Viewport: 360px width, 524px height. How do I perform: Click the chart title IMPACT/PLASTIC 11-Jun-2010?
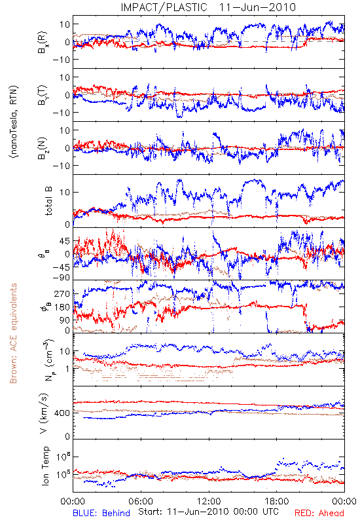(208, 7)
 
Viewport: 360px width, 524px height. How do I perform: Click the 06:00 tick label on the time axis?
(141, 501)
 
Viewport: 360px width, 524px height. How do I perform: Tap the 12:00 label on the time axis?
(209, 501)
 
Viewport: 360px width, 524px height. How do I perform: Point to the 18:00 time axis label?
(277, 501)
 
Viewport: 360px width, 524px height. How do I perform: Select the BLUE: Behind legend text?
(101, 513)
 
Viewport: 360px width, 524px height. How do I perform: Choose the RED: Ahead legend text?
(319, 513)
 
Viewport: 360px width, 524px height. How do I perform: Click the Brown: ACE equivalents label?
(13, 333)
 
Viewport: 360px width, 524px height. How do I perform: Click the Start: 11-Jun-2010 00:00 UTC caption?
(208, 512)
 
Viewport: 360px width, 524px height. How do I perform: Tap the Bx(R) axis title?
(43, 43)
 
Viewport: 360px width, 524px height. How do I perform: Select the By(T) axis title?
(43, 95)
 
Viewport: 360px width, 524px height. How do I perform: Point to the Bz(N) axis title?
(43, 148)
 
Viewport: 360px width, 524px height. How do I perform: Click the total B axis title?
(48, 201)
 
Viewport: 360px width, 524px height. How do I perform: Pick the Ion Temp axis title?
(45, 466)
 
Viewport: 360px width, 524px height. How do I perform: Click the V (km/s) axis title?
(44, 413)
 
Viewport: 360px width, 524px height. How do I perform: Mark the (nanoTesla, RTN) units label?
(14, 122)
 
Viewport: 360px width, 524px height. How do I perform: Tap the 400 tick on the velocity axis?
(62, 413)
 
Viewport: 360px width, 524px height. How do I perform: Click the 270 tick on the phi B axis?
(62, 293)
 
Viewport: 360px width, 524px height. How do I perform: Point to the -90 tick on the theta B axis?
(61, 278)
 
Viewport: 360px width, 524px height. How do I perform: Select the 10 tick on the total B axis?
(65, 193)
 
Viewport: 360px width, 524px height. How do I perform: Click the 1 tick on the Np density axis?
(67, 369)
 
